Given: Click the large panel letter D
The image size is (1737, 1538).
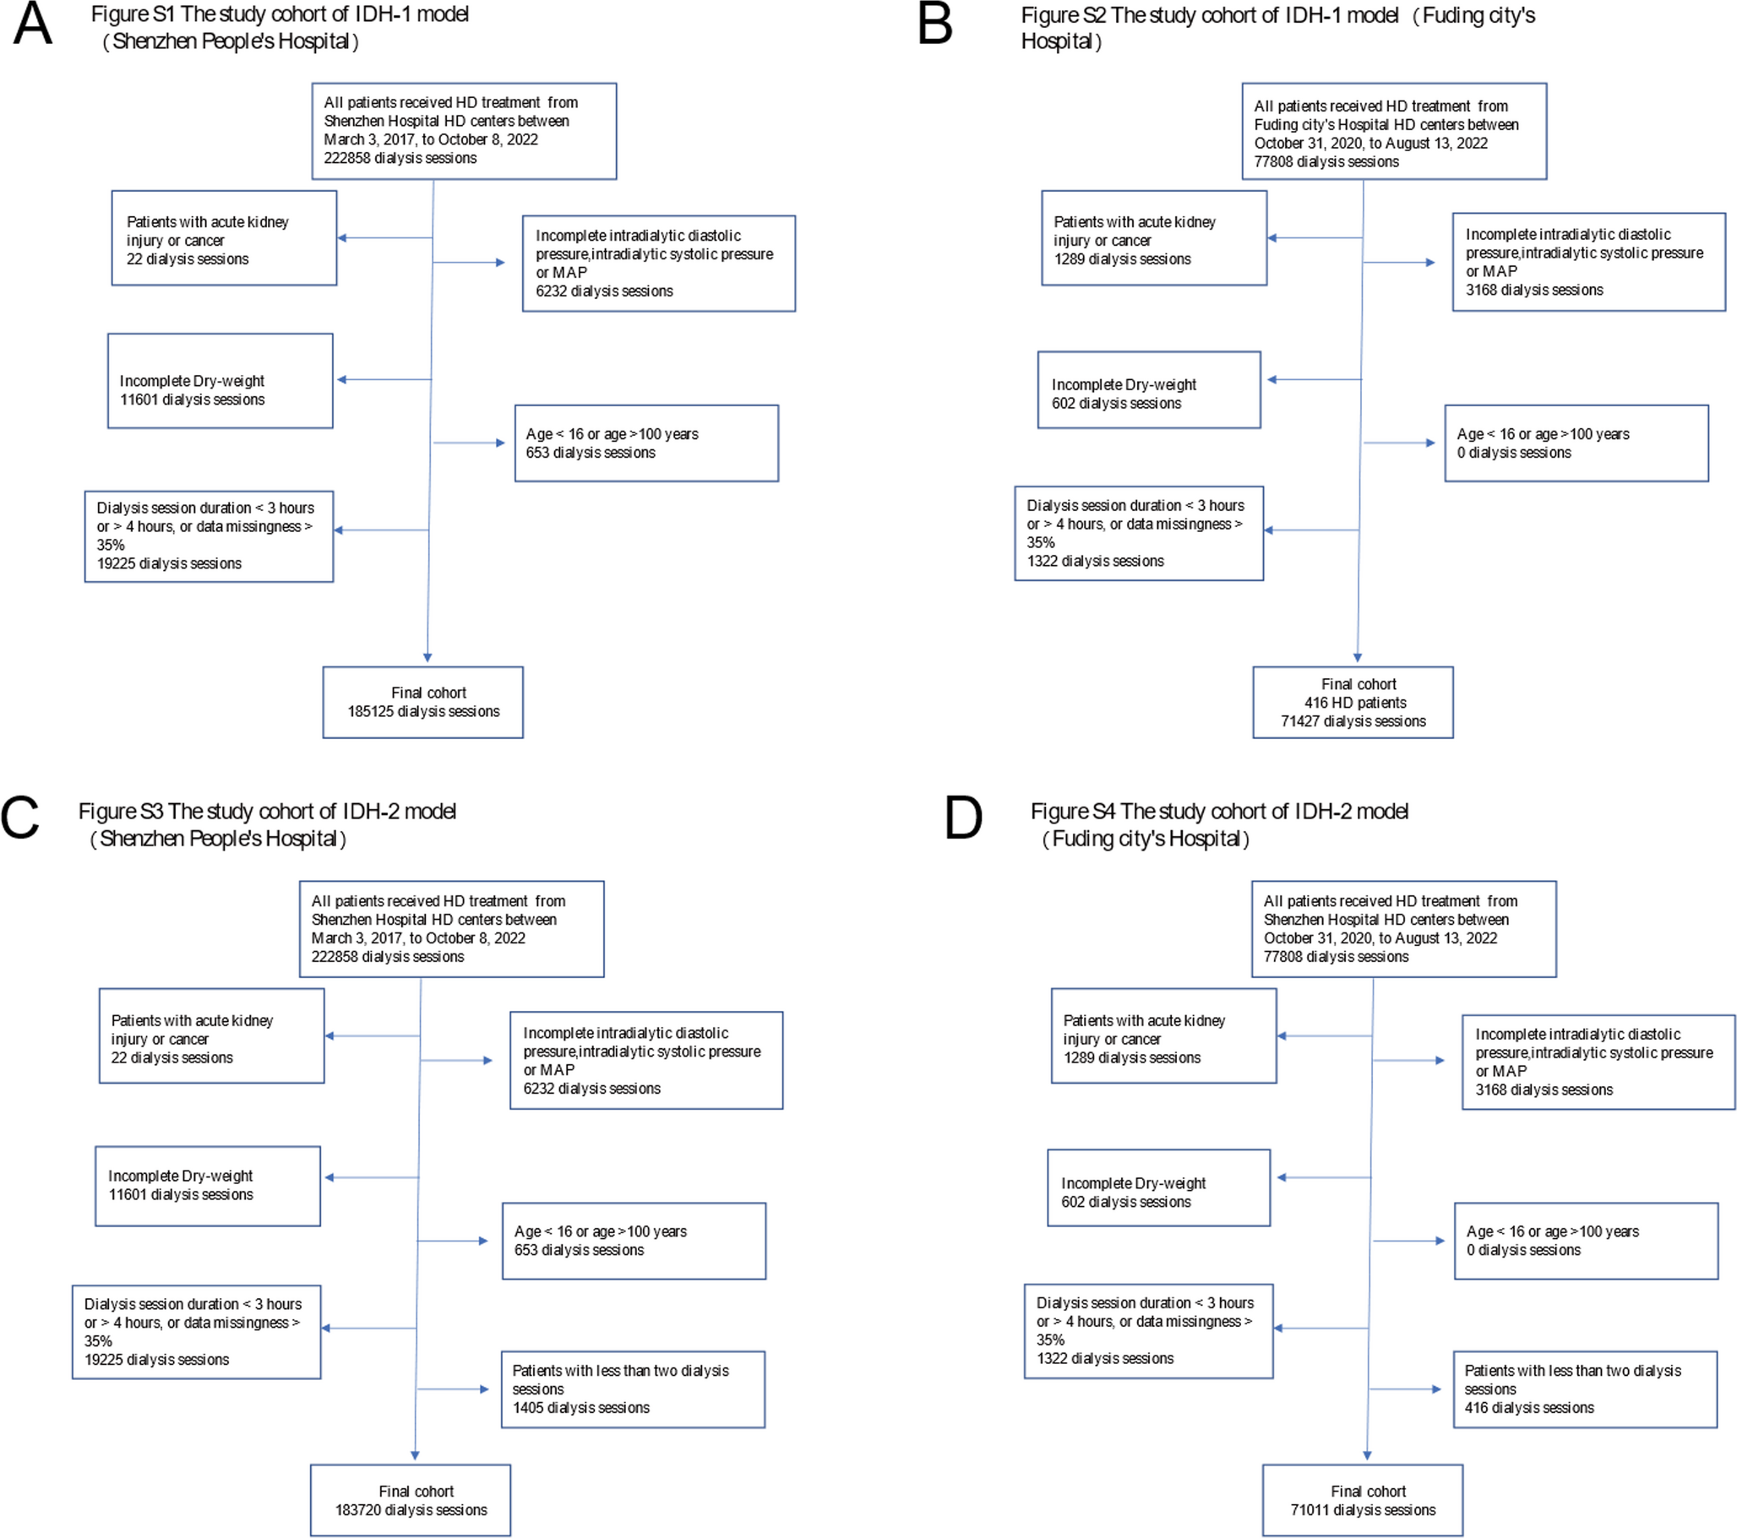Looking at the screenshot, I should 963,819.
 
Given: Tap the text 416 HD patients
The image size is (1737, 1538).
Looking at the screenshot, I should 1354,703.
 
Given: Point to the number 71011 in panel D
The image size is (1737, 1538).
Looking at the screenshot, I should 1310,1510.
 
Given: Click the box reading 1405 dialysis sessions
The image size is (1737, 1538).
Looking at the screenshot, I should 632,1389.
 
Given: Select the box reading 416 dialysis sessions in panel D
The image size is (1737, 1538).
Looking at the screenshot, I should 1584,1389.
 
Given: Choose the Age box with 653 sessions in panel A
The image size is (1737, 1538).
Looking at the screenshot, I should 645,443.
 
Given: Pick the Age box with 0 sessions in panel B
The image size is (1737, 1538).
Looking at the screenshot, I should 1576,443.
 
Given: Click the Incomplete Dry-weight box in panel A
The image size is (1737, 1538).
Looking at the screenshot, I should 220,382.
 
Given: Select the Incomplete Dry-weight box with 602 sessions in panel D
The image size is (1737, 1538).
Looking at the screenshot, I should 1158,1187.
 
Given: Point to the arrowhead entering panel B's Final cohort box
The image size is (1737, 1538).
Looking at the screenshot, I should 1357,657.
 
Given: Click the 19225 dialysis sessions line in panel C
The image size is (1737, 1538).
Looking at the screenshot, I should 156,1360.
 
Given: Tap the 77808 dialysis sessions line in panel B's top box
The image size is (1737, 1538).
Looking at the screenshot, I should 1326,161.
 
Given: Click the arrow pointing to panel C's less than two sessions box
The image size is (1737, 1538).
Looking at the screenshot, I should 483,1389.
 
